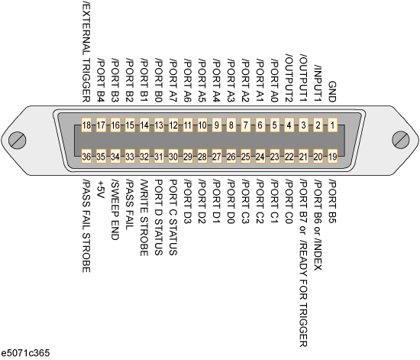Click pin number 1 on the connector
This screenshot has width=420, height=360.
coord(332,125)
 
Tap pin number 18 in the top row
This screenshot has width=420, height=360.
coord(86,125)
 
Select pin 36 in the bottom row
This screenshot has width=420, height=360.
coord(86,156)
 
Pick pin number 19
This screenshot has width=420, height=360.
coord(332,156)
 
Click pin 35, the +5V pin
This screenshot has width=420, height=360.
coord(101,156)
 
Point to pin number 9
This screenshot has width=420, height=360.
coord(217,125)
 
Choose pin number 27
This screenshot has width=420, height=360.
coord(217,156)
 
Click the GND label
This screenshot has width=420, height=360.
coord(332,92)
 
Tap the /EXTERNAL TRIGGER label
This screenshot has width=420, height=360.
coord(86,51)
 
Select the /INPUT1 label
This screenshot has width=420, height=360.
coord(318,83)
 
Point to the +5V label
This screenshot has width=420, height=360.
coord(101,190)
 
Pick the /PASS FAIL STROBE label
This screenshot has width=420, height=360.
coord(86,226)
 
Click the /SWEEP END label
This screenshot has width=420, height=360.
coord(115,209)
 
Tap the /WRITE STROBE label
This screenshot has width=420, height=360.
coord(144,218)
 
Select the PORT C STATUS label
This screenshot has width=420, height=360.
coord(173,217)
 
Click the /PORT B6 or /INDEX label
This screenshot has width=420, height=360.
coord(318,225)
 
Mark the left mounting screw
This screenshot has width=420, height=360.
coord(17,140)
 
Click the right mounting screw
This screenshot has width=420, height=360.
coord(400,139)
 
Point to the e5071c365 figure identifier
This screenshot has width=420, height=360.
coord(25,353)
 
